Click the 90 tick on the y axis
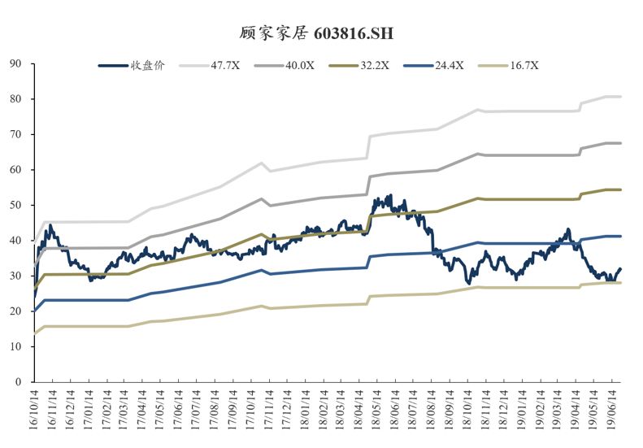tap(16, 63)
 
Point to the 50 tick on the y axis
tap(16, 205)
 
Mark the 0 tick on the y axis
tap(19, 381)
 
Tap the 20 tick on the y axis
tap(16, 311)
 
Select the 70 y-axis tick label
tap(16, 134)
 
